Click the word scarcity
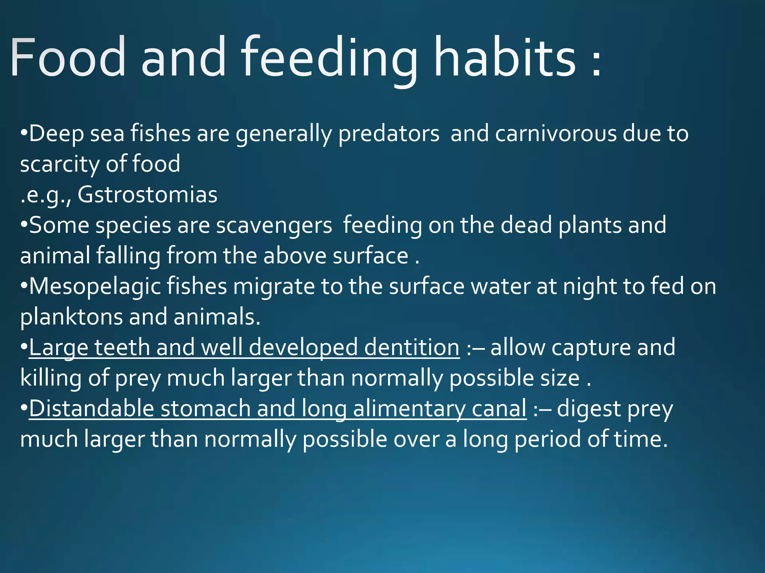(60, 164)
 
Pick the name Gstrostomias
(147, 195)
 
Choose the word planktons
(71, 317)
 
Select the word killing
(50, 378)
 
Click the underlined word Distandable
(92, 408)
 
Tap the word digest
(589, 408)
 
